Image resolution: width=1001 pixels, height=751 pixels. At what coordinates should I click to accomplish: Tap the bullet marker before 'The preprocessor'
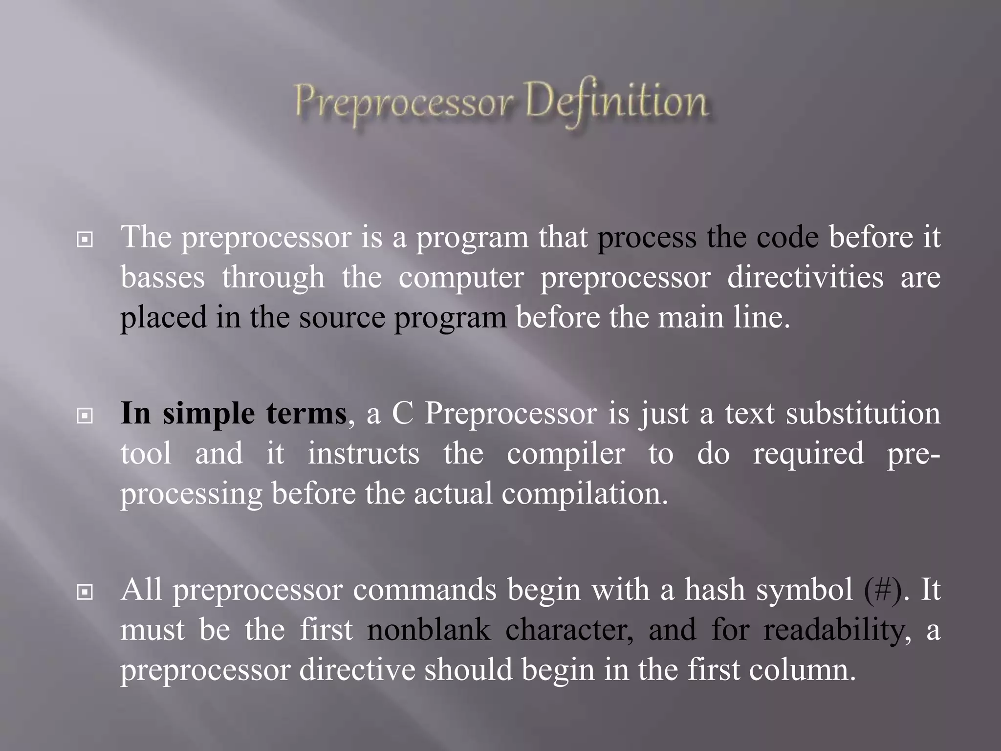pos(85,240)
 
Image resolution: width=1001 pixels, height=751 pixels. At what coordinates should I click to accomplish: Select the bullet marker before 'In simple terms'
pos(85,416)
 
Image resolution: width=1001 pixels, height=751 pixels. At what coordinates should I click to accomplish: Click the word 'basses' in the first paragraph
pos(162,277)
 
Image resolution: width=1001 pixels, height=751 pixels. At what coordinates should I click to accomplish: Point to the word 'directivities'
pos(805,277)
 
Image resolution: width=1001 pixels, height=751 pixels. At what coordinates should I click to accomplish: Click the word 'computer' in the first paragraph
pos(461,278)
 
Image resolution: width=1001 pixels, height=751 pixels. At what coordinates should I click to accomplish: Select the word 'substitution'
pos(863,414)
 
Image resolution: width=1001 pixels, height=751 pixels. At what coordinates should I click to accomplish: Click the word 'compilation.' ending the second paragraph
pos(585,494)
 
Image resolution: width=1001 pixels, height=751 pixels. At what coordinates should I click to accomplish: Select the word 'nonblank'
pos(429,630)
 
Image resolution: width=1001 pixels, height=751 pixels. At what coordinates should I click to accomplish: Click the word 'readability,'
pos(837,631)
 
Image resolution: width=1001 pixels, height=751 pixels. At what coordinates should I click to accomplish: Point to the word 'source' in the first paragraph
pos(342,318)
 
